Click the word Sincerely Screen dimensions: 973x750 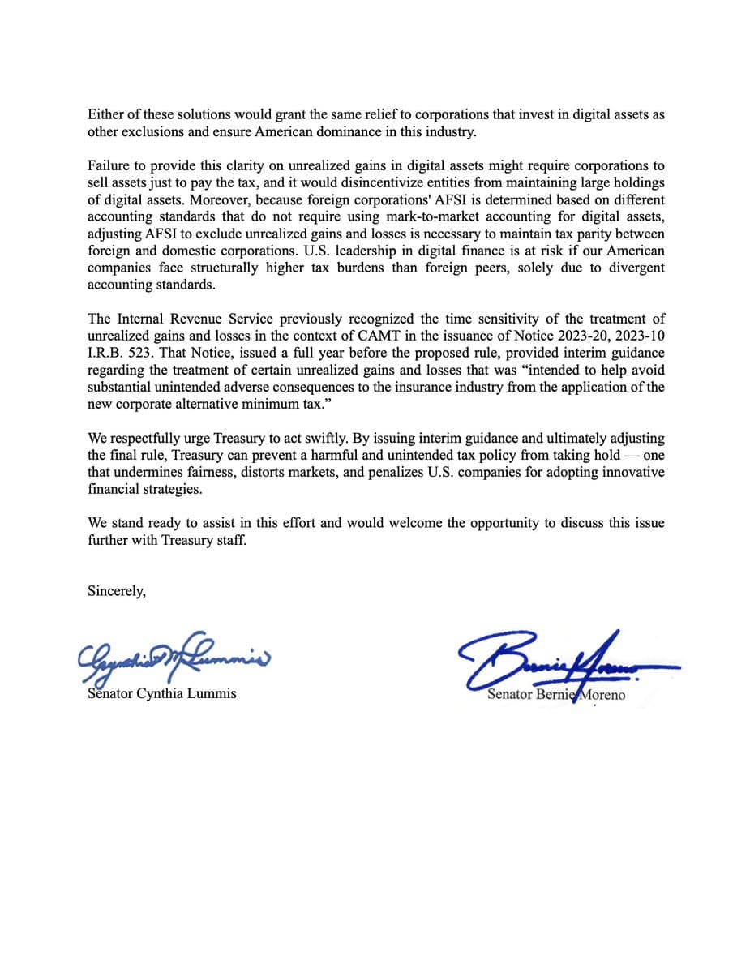(x=117, y=591)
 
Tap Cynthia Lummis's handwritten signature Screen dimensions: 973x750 (x=174, y=653)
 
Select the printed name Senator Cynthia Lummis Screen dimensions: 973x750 (x=162, y=693)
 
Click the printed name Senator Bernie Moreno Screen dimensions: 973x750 (x=556, y=695)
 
